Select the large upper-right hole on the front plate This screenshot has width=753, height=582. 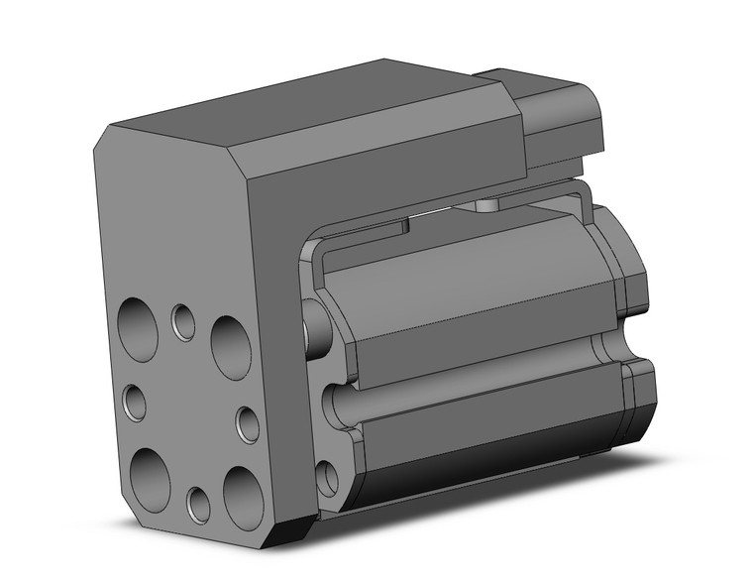[231, 347]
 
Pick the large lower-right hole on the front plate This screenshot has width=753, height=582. [243, 496]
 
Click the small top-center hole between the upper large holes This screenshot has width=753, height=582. [183, 320]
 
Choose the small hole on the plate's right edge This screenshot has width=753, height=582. [248, 423]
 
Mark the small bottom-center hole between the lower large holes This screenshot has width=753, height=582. [199, 505]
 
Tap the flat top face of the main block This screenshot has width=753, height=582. [297, 109]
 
